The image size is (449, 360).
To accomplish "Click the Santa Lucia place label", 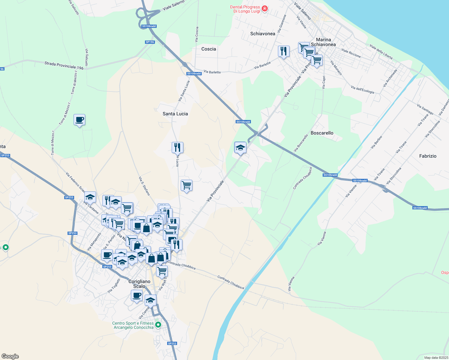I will click(x=175, y=114).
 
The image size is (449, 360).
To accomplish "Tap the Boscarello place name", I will click(x=322, y=133).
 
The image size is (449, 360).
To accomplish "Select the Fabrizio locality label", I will click(x=428, y=156).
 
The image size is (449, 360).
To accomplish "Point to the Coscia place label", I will click(x=209, y=49).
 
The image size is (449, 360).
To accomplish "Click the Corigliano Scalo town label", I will click(x=139, y=284).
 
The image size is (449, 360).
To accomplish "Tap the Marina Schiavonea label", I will click(x=323, y=42).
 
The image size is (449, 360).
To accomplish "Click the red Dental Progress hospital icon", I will click(x=265, y=8).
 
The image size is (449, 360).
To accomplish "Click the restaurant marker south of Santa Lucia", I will click(x=177, y=147).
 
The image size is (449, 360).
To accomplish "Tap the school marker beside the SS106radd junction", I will click(x=240, y=148).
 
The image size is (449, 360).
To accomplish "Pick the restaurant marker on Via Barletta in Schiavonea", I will click(x=284, y=51).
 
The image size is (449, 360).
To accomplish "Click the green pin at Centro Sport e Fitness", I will click(x=158, y=325).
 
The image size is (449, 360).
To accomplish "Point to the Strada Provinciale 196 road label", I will click(x=64, y=65).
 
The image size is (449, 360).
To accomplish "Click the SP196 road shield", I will click(x=150, y=42).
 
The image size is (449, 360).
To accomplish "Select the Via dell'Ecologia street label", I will click(x=362, y=89).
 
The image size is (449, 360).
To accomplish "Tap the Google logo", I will click(x=10, y=356).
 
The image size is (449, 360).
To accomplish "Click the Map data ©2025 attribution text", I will click(x=436, y=358).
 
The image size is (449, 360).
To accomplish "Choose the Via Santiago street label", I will click(x=425, y=109).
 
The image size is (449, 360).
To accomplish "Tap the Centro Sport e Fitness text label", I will click(x=133, y=325).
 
